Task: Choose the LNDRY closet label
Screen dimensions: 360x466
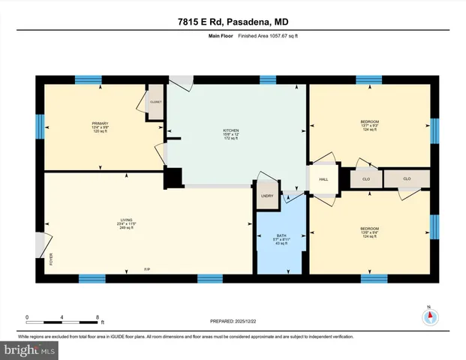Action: (x=266, y=196)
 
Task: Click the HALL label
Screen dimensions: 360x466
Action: (x=323, y=180)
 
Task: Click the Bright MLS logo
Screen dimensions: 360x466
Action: (x=29, y=349)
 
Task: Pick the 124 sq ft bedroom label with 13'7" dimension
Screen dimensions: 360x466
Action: (x=370, y=124)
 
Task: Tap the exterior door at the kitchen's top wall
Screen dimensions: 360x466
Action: (x=180, y=79)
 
